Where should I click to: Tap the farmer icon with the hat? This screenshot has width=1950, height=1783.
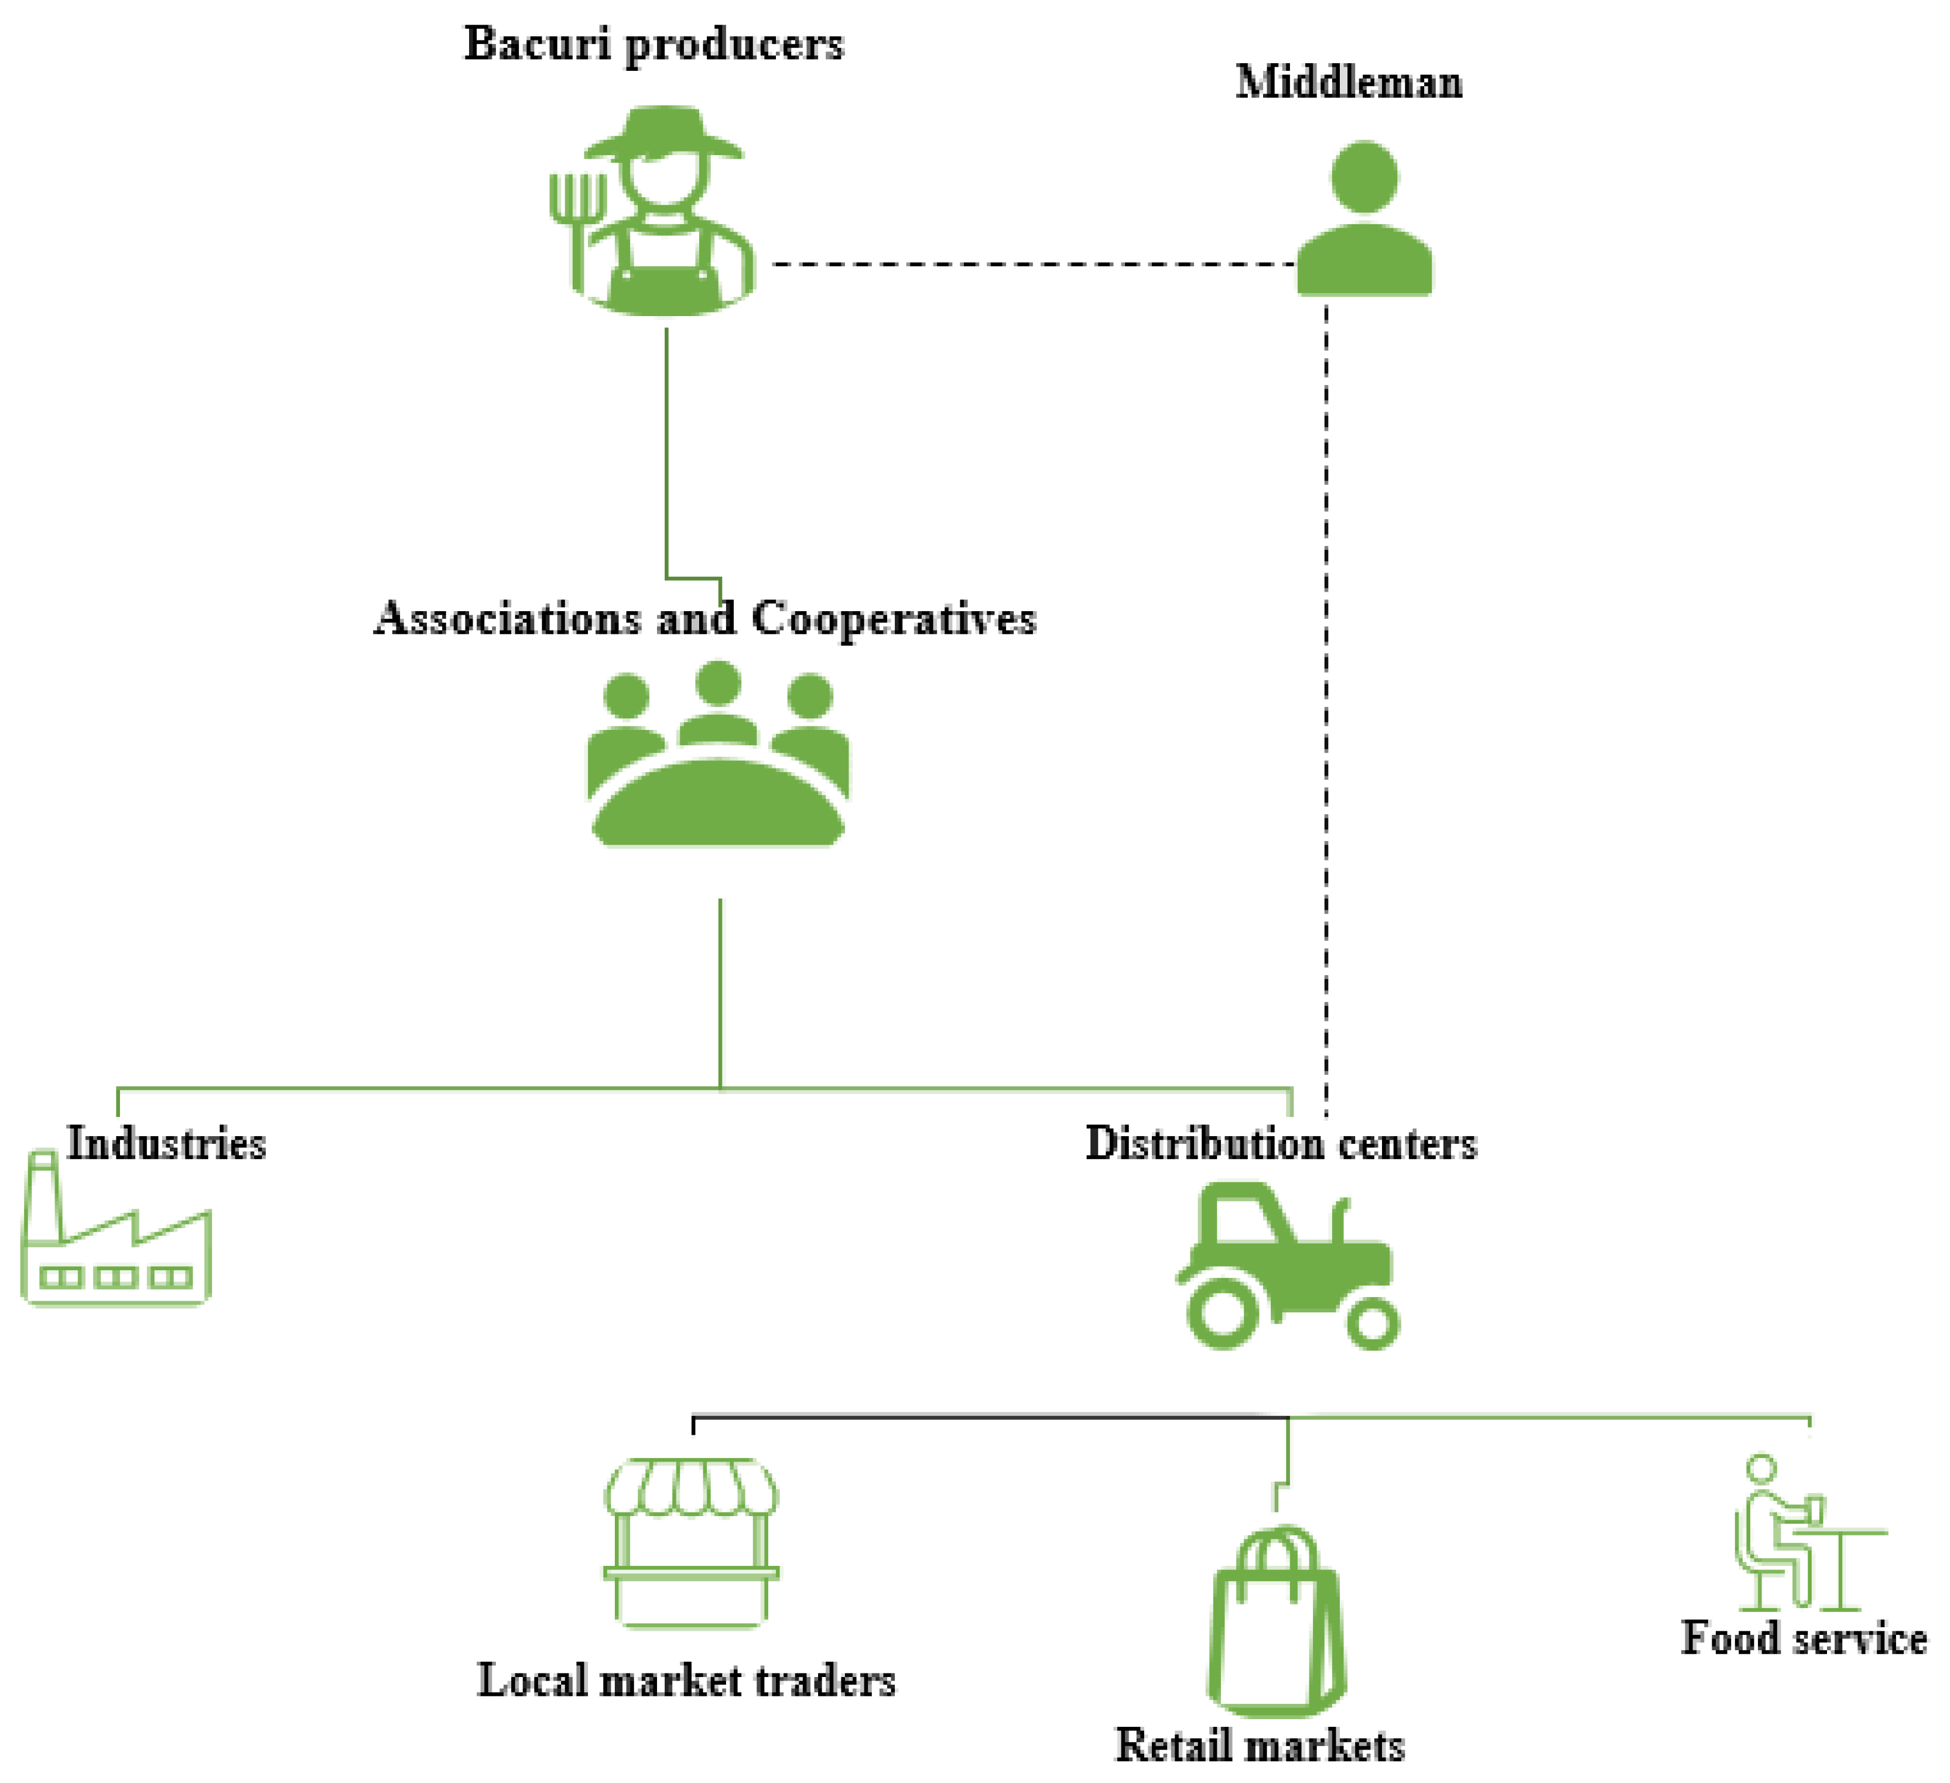663,212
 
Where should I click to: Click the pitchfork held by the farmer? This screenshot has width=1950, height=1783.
577,222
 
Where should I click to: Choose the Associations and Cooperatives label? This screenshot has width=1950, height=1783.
704,619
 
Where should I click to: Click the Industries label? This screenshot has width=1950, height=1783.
166,1144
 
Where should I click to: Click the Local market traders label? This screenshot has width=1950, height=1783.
687,1681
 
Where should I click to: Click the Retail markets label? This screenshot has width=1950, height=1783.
1260,1746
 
